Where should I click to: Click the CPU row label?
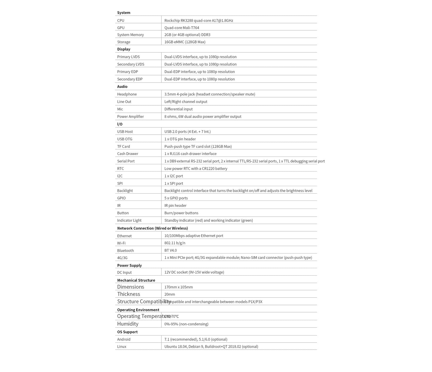coord(121,21)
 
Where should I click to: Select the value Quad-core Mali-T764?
coord(181,28)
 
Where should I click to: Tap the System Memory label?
coord(130,35)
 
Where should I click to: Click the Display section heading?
coord(124,49)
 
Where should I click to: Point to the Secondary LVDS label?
coord(131,64)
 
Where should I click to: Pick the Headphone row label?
coord(127,94)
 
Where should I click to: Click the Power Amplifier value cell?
coord(203,117)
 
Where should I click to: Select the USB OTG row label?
coord(125,139)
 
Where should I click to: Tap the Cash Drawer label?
coord(128,154)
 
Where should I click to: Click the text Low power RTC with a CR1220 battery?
coord(196,169)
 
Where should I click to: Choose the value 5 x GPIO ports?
coord(176,198)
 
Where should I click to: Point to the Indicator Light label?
coord(129,221)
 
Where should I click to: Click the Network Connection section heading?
coord(152,228)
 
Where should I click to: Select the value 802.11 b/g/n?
coord(175,243)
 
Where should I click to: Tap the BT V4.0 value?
coord(170,250)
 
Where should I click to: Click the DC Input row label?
coord(124,273)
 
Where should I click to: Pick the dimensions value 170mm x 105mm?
coord(178,287)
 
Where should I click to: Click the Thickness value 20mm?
coord(170,294)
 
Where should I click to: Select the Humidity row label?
coord(128,324)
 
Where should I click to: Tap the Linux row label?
coord(122,347)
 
